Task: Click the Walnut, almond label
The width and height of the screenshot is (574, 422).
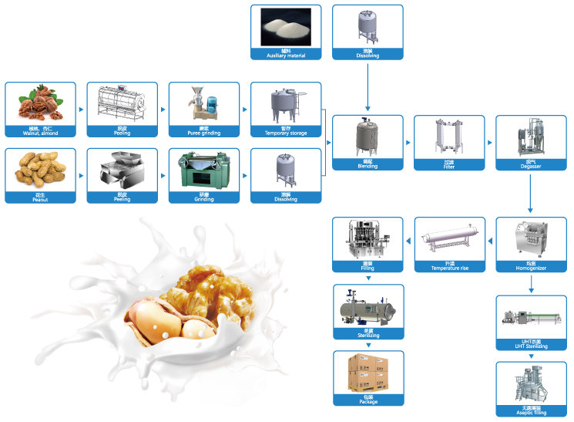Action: coord(41,131)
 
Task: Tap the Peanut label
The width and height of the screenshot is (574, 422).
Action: coord(41,198)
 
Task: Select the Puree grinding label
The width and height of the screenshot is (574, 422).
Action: coord(204,131)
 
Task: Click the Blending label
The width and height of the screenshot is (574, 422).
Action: coord(367,165)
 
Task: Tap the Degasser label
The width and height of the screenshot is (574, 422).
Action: coord(530,165)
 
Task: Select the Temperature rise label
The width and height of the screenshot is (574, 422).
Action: coord(448,267)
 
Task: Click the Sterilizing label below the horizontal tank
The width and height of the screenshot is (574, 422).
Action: coord(367,335)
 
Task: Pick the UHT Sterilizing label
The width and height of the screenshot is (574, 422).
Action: coord(530,346)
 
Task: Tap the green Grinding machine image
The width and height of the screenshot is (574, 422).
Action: coord(204,171)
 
